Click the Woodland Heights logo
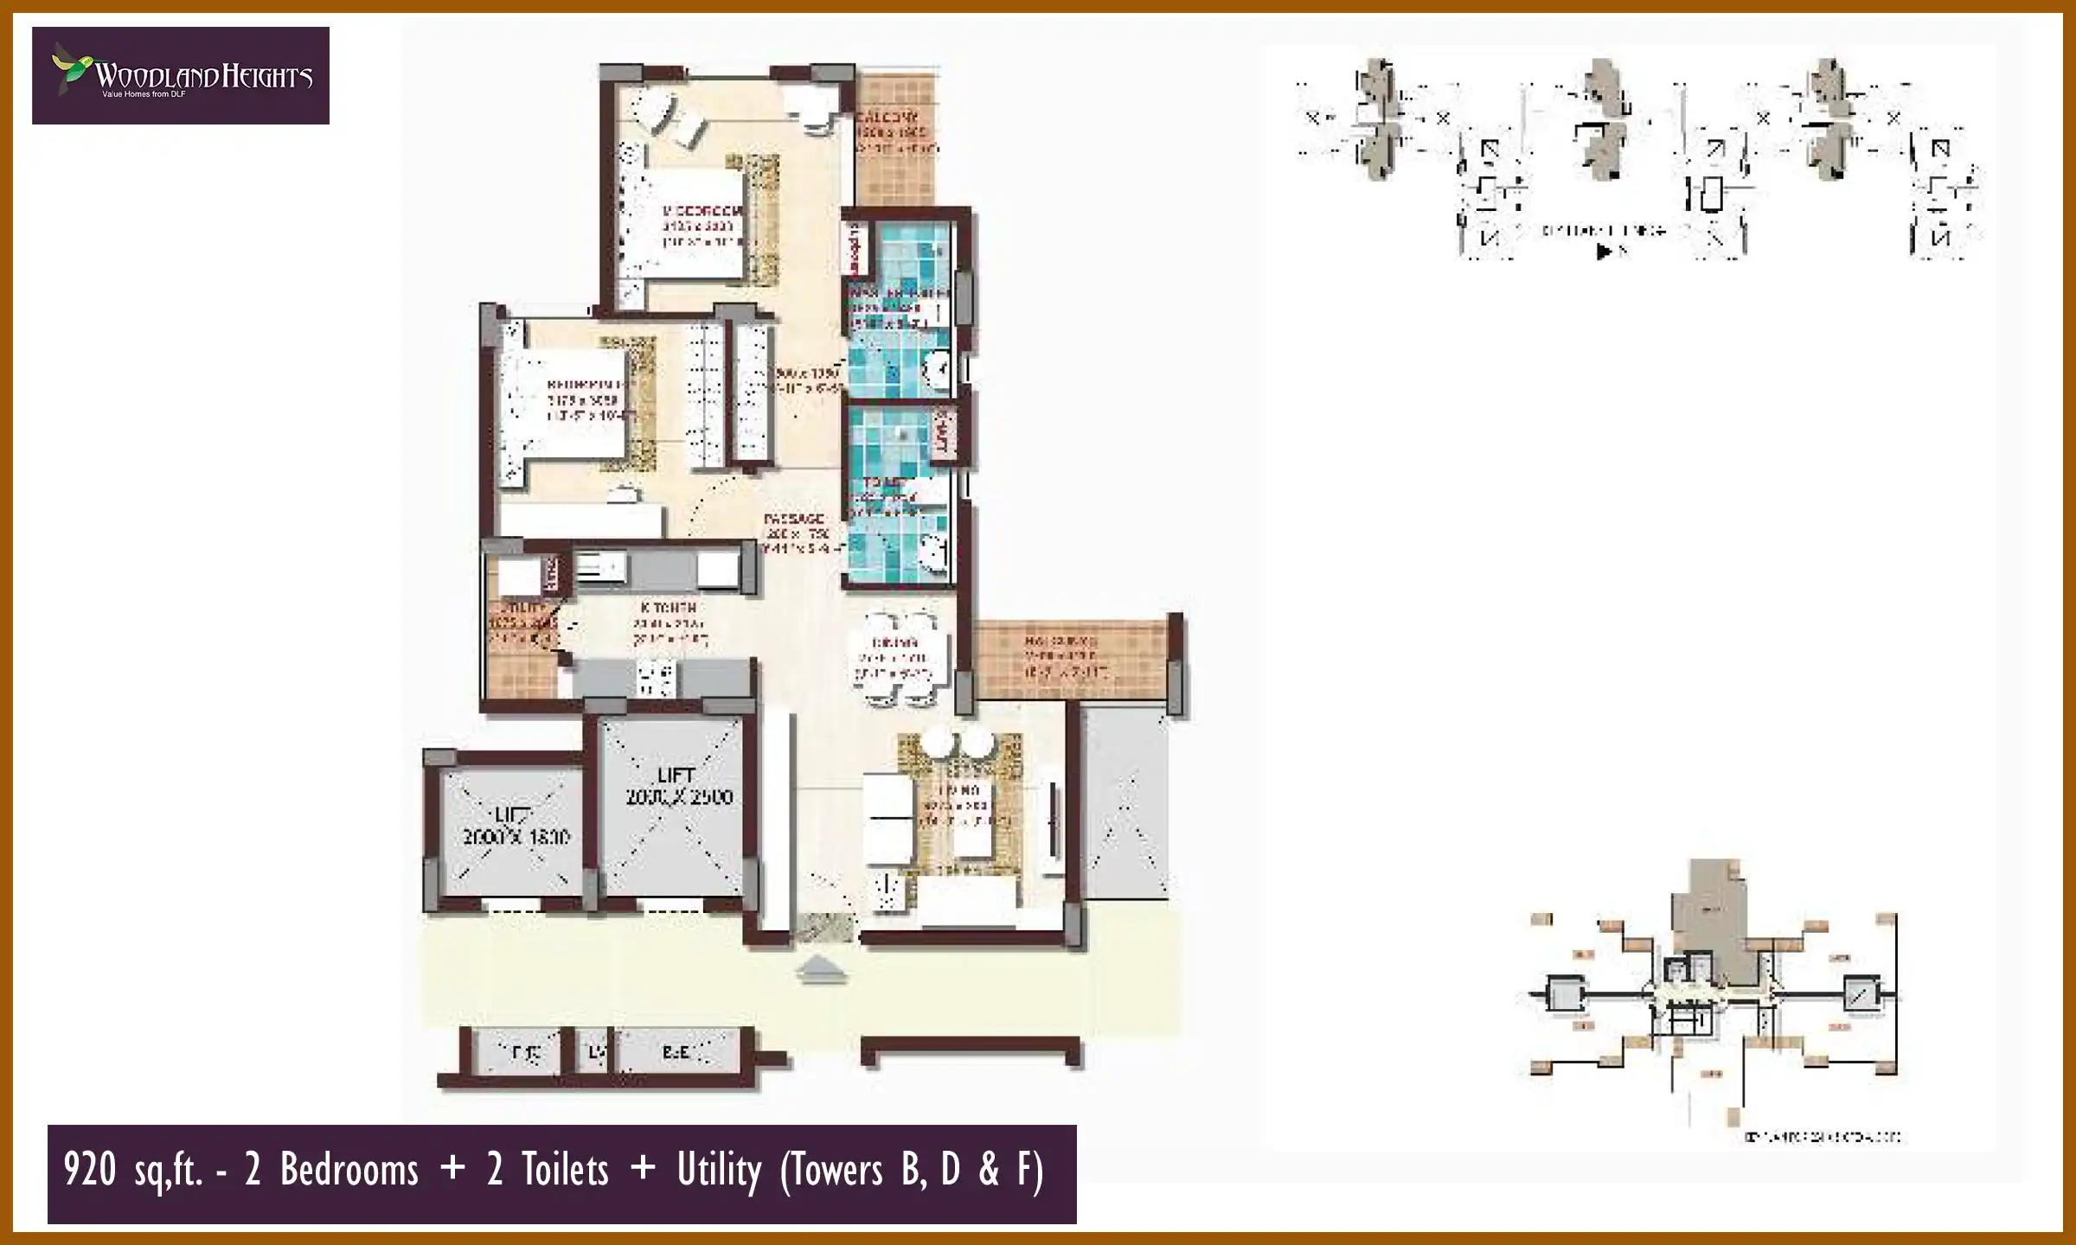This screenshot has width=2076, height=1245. (x=180, y=76)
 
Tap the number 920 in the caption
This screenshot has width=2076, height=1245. (x=89, y=1171)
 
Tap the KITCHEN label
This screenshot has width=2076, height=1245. (x=663, y=608)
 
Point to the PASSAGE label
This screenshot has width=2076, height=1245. (x=794, y=519)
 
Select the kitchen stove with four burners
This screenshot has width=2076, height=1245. (x=655, y=678)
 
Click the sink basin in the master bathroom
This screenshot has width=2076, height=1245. (x=936, y=370)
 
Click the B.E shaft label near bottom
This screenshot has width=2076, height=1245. (x=676, y=1052)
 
